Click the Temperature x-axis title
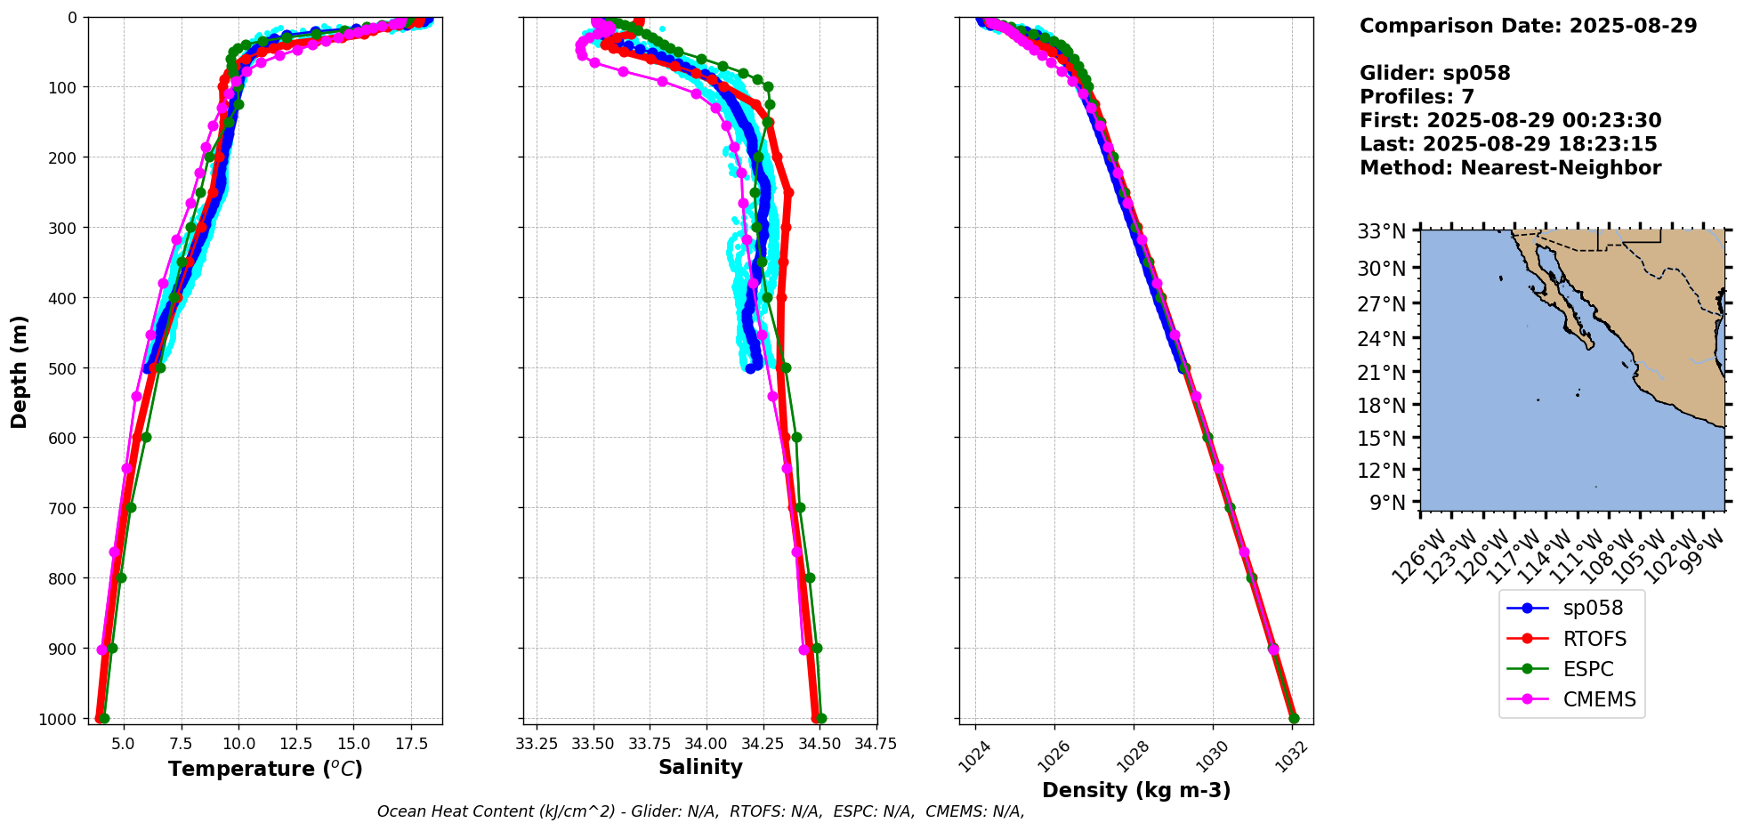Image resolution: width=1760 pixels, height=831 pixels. (x=265, y=769)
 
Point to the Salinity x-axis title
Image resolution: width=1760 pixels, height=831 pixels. (x=700, y=767)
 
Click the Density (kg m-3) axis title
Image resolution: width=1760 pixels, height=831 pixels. (x=1136, y=790)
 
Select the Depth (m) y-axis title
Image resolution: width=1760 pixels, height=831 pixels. (x=19, y=371)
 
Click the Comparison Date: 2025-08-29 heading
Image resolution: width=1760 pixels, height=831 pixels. (x=1528, y=26)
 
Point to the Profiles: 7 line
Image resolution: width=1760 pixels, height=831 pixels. (x=1417, y=97)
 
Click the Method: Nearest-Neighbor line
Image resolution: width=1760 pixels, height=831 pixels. (x=1510, y=168)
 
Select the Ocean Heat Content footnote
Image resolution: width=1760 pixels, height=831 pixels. (x=700, y=811)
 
